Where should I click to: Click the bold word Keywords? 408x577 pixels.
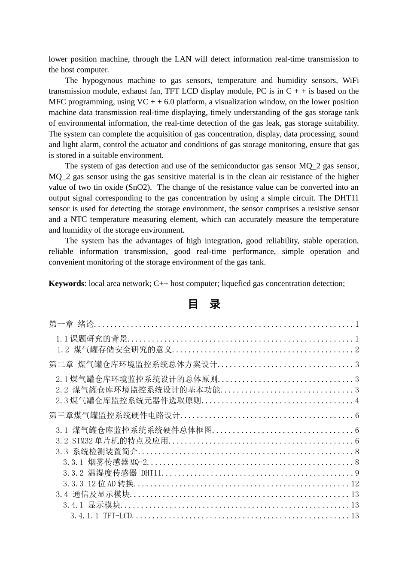point(66,283)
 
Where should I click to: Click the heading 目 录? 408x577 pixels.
point(204,304)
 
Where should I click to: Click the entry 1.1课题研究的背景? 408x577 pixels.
point(92,339)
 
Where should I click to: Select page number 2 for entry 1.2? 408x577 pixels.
point(356,350)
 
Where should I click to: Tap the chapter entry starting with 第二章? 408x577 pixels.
point(133,364)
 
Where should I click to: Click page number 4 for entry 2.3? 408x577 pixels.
point(356,401)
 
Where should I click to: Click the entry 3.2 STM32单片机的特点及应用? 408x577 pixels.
point(112,441)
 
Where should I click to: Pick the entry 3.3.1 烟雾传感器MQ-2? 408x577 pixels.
point(105,462)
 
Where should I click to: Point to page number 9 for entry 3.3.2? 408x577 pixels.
point(356,473)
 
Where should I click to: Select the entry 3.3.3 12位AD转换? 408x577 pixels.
point(99,484)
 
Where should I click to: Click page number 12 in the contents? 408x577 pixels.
point(355,484)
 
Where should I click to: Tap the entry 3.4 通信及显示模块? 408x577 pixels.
point(92,495)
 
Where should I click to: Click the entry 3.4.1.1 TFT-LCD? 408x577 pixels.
point(102,516)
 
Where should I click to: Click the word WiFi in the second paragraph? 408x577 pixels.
point(350,80)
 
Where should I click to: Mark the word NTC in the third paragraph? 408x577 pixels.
point(79,219)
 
